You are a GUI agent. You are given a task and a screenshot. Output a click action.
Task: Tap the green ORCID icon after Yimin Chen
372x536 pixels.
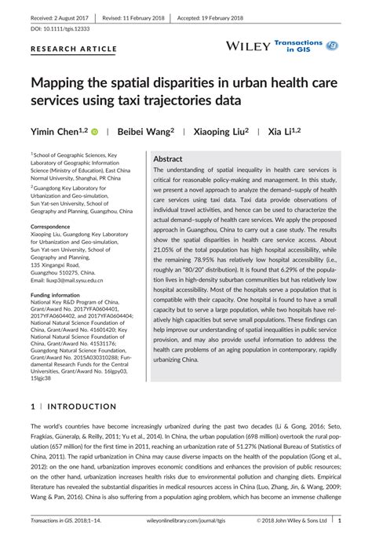(95, 133)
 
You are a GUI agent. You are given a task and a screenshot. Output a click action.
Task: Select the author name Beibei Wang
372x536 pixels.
(144, 132)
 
